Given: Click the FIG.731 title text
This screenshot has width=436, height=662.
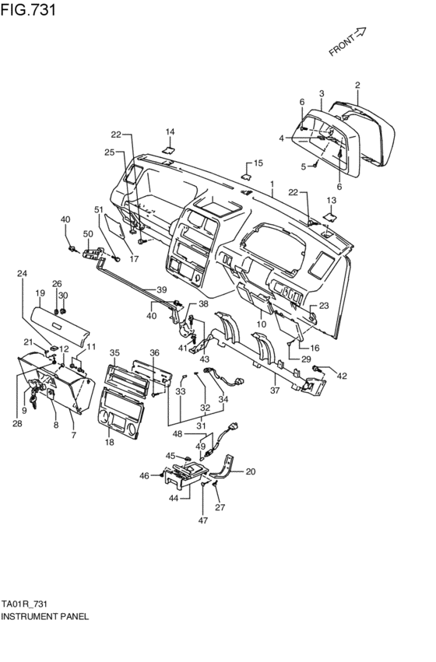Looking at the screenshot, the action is tap(28, 9).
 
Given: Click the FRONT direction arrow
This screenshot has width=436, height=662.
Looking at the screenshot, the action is tap(359, 33).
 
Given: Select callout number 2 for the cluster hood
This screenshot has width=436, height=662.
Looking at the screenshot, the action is tap(357, 85).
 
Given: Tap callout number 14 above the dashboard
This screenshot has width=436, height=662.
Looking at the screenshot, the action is tap(170, 131).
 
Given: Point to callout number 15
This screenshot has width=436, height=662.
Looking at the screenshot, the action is tap(258, 163).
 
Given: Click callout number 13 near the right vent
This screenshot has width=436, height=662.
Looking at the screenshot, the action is tap(332, 200).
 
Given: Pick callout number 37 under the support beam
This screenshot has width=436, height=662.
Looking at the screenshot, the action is tap(275, 391).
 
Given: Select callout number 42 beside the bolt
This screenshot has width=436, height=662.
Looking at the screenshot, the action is tap(342, 375).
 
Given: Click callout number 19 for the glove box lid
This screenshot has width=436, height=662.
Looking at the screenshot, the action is tap(40, 292).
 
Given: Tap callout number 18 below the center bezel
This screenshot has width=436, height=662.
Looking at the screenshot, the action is tap(110, 442).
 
